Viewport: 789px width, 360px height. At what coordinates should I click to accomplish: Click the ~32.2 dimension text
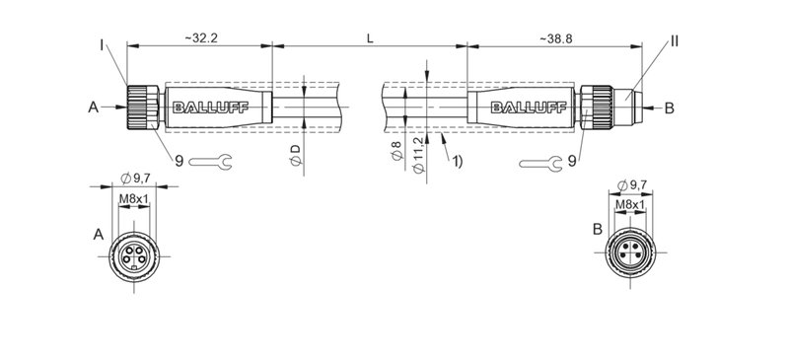[x=200, y=36]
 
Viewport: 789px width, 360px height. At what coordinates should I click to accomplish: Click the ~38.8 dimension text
[x=557, y=36]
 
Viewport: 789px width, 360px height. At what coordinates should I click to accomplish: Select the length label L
[x=369, y=36]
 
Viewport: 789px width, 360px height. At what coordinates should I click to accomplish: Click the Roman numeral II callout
[x=675, y=41]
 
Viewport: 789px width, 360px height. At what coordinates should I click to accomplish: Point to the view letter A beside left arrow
[x=93, y=108]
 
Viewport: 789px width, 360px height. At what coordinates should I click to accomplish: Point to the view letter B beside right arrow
[x=669, y=108]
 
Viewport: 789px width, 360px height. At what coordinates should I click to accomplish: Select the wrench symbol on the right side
[x=542, y=162]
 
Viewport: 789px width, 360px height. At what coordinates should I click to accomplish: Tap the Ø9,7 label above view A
[x=134, y=178]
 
